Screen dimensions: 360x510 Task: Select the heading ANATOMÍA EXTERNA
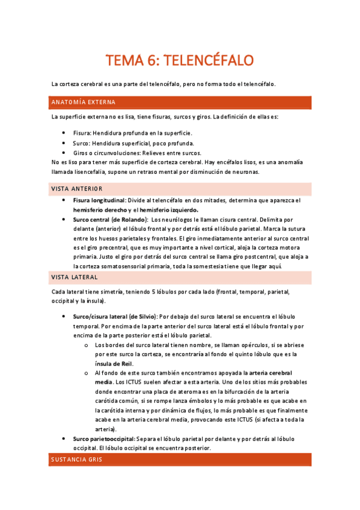coord(83,102)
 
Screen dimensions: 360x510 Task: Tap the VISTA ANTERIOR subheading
coord(77,189)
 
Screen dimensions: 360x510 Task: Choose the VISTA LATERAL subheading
coord(75,277)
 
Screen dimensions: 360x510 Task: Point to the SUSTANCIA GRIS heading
coord(77,459)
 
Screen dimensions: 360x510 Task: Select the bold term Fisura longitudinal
coord(99,200)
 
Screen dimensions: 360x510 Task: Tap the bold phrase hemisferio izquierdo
coord(168,210)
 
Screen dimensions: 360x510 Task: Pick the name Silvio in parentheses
coord(142,316)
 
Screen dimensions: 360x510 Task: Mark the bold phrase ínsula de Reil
coord(114,363)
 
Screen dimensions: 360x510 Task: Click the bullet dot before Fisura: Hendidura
coord(65,133)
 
